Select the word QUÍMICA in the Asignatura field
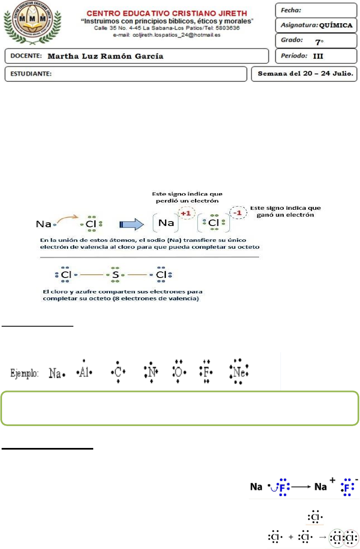pyautogui.click(x=336, y=26)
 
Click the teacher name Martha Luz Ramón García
pyautogui.click(x=106, y=56)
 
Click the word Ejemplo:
pyautogui.click(x=25, y=372)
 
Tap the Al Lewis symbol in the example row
pyautogui.click(x=84, y=372)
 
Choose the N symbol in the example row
pyautogui.click(x=151, y=372)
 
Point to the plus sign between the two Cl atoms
pyautogui.click(x=291, y=538)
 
